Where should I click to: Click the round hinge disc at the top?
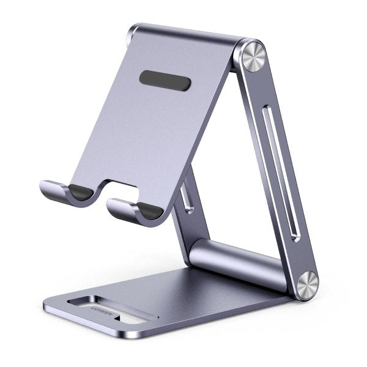[251, 57]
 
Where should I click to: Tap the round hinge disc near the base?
[305, 285]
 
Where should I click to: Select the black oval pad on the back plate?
[165, 80]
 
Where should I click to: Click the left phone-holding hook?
[61, 192]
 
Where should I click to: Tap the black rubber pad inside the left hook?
[78, 191]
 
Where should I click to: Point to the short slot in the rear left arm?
[185, 199]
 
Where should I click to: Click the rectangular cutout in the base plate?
[116, 310]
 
